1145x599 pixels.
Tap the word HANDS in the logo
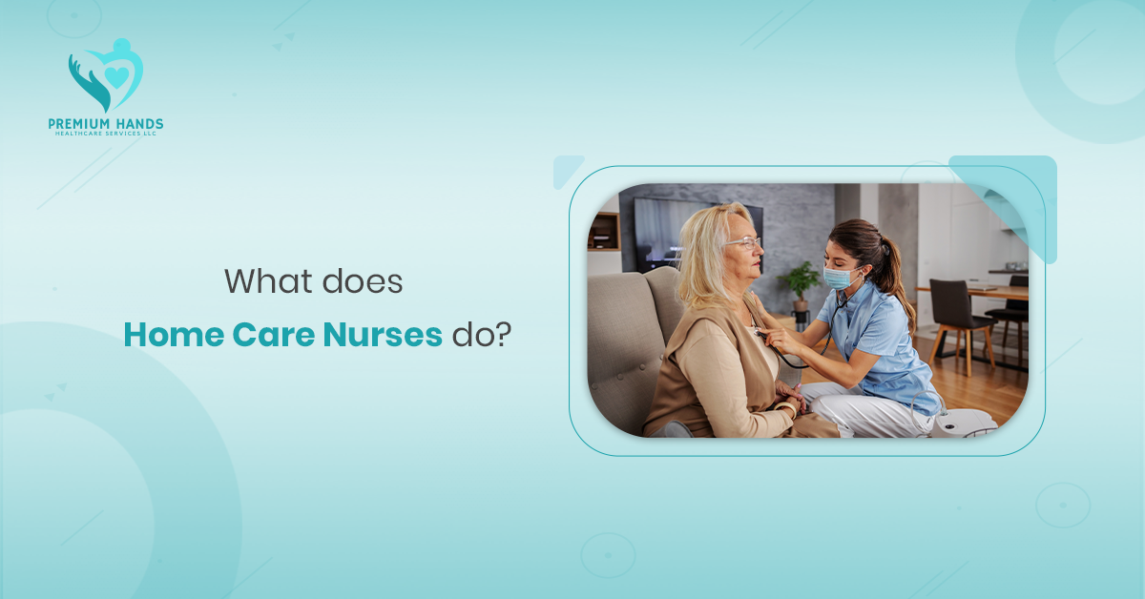click(137, 124)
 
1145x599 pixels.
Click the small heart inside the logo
click(116, 76)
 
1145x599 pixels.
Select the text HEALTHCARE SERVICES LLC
click(105, 134)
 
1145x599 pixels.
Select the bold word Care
click(272, 335)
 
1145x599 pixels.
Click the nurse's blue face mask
click(837, 279)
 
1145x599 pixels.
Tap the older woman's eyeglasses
click(744, 243)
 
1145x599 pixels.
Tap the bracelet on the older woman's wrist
click(787, 408)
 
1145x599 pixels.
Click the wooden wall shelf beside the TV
click(604, 232)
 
